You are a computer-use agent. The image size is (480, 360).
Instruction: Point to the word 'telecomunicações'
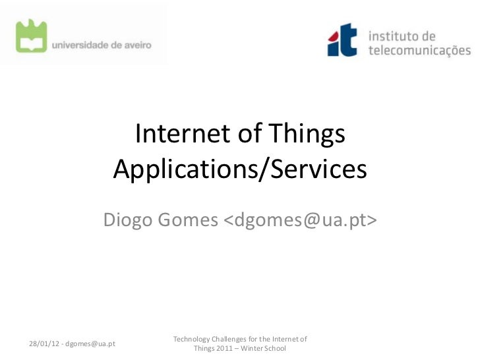coord(420,49)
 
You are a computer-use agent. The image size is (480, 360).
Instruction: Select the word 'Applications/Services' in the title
coord(239,170)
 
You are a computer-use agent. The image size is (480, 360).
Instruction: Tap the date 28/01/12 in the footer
coord(43,344)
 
